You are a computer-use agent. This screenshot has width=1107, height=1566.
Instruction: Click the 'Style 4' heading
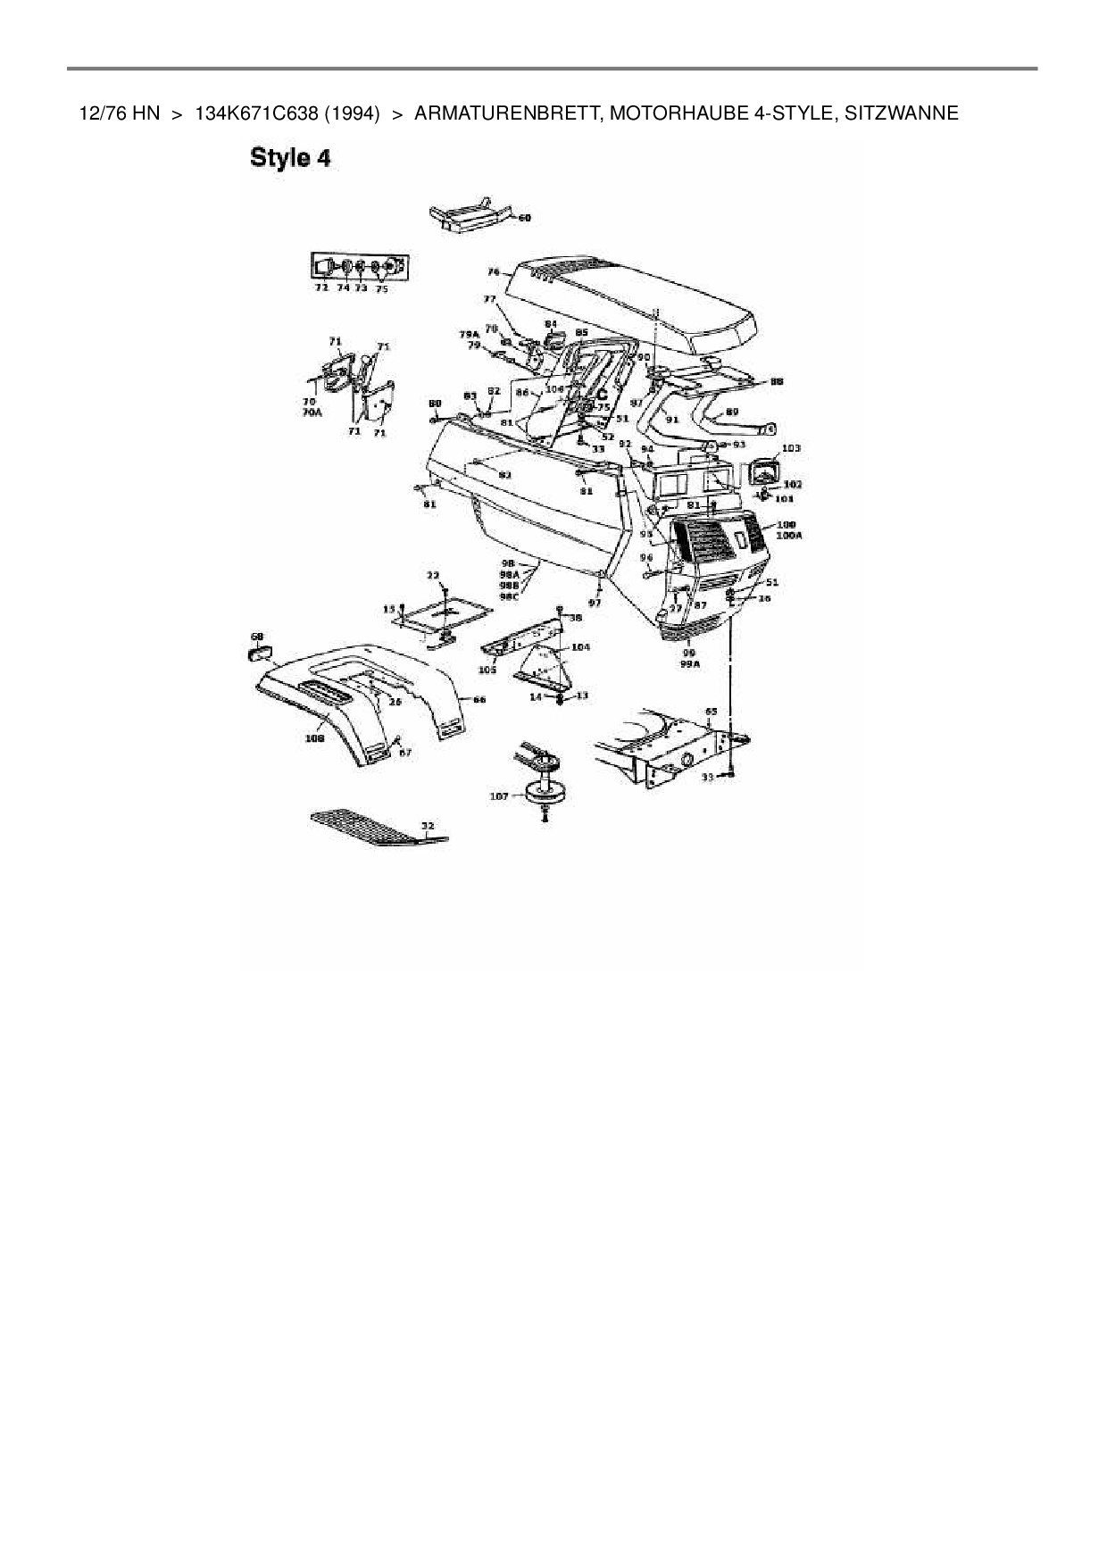click(291, 159)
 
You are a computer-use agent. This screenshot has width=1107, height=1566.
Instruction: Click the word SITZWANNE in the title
click(902, 113)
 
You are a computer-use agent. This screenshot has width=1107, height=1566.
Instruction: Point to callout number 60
click(525, 218)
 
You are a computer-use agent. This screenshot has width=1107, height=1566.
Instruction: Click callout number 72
click(321, 288)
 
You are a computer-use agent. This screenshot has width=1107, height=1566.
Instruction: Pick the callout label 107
click(498, 795)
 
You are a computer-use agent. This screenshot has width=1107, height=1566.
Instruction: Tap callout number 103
click(791, 448)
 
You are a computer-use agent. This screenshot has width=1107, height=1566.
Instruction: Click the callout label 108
click(314, 738)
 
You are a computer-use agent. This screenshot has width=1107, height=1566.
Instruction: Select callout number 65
click(711, 712)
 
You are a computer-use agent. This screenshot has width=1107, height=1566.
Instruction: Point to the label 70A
click(312, 413)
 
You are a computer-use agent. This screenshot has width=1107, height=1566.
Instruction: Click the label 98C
click(510, 596)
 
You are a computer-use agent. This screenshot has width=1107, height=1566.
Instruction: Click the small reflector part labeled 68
click(258, 653)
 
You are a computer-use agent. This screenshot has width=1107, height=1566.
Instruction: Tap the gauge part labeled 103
click(765, 470)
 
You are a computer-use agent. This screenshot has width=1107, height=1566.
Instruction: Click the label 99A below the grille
click(690, 664)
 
